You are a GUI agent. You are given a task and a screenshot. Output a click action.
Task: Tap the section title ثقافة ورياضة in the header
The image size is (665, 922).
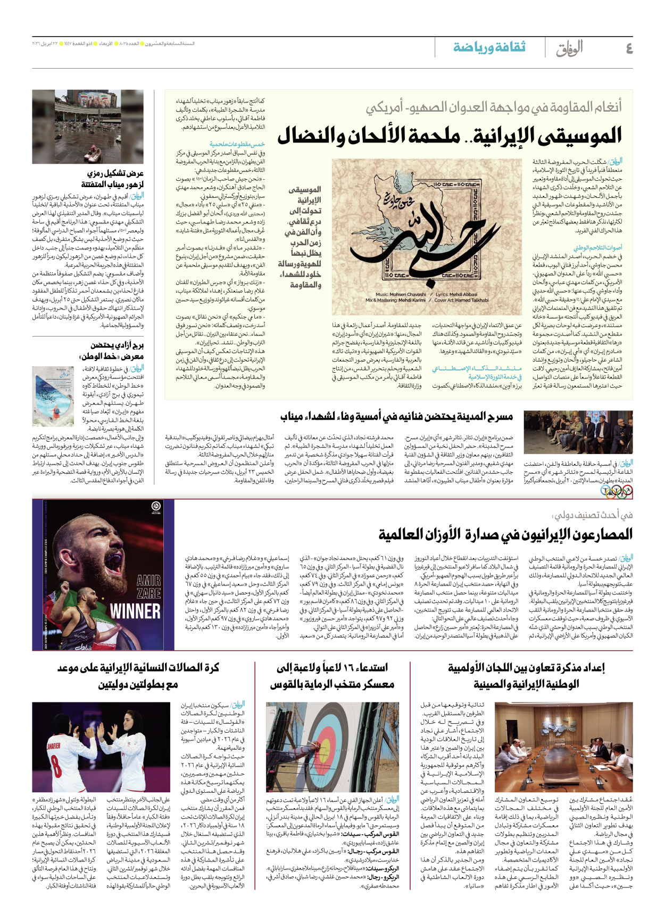489,47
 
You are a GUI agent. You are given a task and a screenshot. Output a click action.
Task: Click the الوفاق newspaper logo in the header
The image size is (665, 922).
569,48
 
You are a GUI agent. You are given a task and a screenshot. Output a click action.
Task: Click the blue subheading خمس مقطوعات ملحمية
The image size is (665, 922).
237,144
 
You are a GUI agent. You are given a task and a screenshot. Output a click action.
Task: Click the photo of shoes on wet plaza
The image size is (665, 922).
87,127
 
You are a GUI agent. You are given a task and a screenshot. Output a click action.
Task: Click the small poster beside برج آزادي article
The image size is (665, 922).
53,396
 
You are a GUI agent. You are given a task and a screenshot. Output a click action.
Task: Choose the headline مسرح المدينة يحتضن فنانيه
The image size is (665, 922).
396,416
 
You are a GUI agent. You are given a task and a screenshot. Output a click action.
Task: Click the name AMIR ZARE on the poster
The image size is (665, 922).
148,586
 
